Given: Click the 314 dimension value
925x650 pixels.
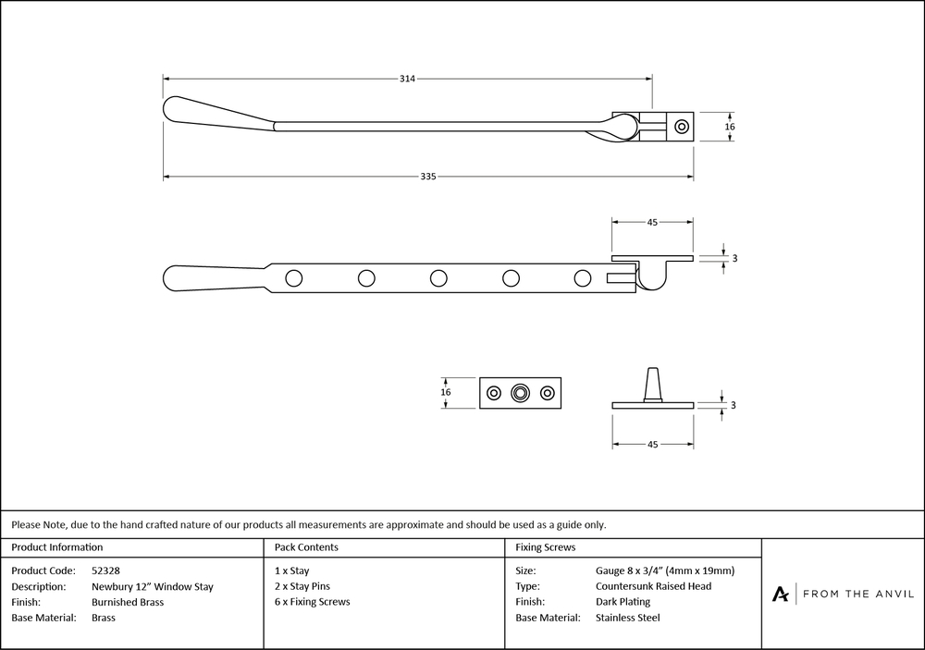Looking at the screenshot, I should point(407,79).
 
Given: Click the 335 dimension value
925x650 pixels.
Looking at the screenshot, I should point(427,177).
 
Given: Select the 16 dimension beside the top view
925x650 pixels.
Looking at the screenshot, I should point(730,126).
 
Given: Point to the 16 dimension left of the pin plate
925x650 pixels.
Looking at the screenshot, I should point(446,392).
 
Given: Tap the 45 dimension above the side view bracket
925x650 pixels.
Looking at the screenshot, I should point(652,222).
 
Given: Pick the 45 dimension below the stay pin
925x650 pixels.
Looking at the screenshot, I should point(652,445).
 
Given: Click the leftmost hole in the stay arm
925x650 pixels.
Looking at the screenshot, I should point(294,276).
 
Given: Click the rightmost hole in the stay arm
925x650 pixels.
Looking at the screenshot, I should point(582,276).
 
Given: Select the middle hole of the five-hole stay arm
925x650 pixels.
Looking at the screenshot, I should point(438,276).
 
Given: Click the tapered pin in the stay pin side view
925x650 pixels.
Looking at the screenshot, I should point(653,384).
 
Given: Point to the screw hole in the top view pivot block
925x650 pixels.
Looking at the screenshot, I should point(684,126).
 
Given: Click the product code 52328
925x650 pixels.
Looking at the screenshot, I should point(105,570).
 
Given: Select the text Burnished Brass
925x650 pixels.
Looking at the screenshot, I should point(128,602).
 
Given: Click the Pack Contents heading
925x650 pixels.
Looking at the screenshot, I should point(306,547).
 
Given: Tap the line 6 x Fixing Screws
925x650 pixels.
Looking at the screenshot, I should point(313,602).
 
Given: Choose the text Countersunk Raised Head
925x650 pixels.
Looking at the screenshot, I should point(653,586).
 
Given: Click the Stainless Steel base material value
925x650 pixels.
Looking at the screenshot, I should point(628,618).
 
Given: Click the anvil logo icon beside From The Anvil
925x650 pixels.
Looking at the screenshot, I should point(781,594).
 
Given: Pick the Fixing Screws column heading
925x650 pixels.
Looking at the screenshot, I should point(546,547).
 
